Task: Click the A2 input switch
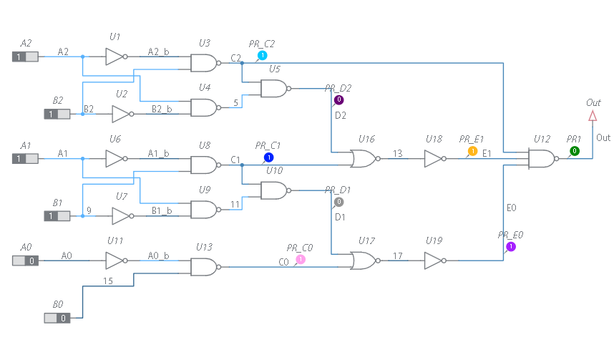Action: coord(26,57)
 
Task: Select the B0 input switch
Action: coord(57,317)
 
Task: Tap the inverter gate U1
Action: coord(115,57)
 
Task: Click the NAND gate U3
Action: coord(205,63)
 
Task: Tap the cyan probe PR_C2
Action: coord(262,55)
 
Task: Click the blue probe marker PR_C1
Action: coord(268,157)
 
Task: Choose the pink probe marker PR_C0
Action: coord(301,259)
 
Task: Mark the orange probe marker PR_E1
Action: coord(472,151)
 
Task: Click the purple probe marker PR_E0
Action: coord(511,247)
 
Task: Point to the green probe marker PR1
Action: coord(574,151)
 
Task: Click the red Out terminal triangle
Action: coord(593,116)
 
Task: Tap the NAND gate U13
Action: coord(205,267)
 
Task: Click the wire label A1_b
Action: coord(158,153)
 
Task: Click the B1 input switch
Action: coord(57,215)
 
